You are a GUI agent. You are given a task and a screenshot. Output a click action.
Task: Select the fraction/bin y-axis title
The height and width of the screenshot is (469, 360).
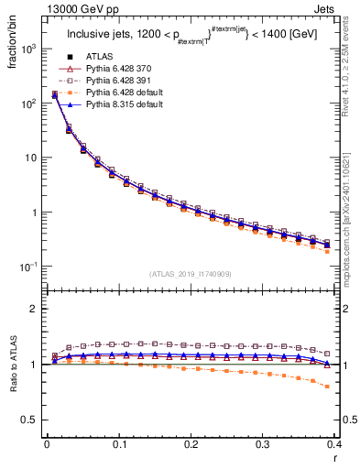point(11,46)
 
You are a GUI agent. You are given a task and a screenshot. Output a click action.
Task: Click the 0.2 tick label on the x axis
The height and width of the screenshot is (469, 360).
point(191,445)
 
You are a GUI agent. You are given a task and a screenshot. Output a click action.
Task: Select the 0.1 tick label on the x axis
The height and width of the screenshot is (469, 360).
point(118,445)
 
